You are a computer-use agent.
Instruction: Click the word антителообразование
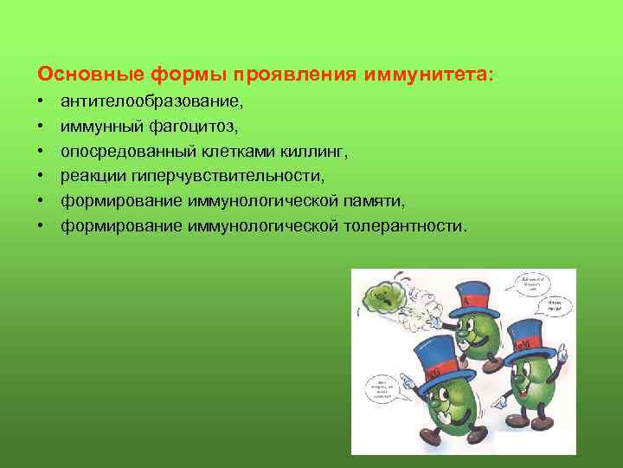pyautogui.click(x=151, y=101)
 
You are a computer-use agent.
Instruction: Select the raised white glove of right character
pyautogui.click(x=563, y=354)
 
